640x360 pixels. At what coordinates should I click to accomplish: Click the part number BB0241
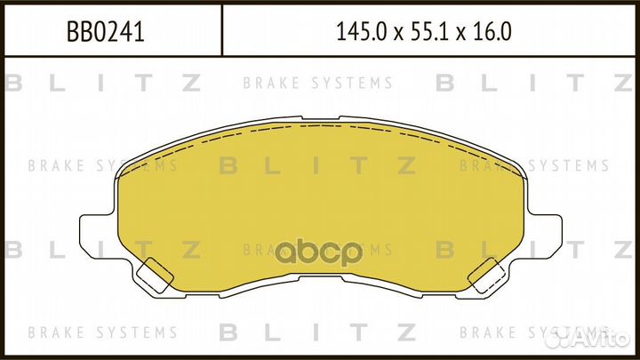coord(106,32)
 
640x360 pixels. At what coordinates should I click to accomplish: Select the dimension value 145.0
coord(360,32)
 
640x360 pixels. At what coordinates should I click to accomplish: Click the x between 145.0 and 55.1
coord(396,34)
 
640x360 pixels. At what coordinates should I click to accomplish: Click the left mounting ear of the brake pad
coord(97,236)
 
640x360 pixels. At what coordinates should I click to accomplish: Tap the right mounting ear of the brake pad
coord(543,236)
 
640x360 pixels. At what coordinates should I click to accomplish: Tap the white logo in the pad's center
coord(320,252)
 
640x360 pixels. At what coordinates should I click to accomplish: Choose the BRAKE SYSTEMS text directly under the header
coord(317,84)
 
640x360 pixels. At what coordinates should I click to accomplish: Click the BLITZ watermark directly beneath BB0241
coord(103,84)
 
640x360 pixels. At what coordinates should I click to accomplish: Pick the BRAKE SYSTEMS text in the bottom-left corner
coord(103,332)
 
